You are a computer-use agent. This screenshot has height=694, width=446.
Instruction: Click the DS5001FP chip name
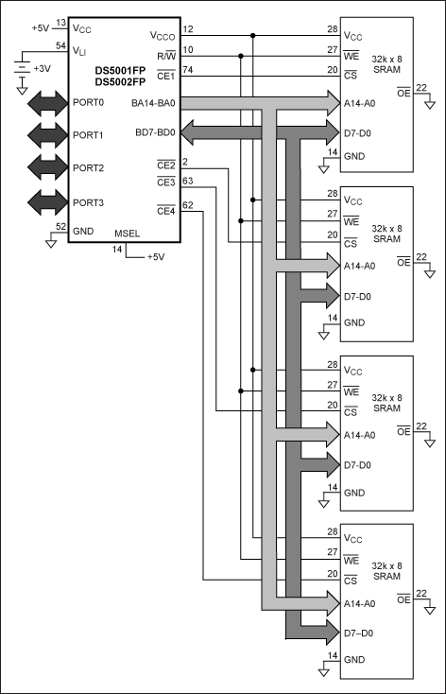tap(120, 71)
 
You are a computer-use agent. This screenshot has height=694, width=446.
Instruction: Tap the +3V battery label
tap(42, 69)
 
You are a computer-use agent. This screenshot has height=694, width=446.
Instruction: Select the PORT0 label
tap(88, 103)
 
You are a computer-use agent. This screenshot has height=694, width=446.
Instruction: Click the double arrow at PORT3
tap(48, 202)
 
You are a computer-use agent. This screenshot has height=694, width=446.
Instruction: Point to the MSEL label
tap(127, 234)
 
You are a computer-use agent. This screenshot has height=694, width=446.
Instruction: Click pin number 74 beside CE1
tap(188, 69)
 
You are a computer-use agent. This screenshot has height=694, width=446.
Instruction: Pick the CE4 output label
tap(166, 211)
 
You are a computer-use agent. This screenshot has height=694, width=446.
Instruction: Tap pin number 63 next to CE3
tap(188, 181)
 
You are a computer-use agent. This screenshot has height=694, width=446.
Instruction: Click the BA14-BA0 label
tap(153, 104)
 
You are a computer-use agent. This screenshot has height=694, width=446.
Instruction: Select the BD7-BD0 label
tap(155, 132)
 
